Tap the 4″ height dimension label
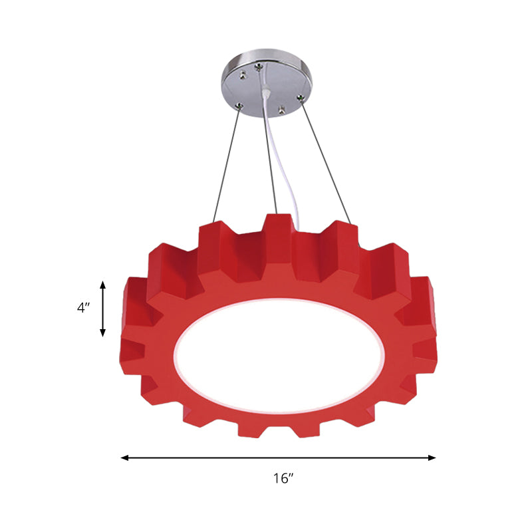tap(82, 309)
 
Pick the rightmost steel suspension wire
tap(326, 160)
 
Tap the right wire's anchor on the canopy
tap(301, 99)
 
